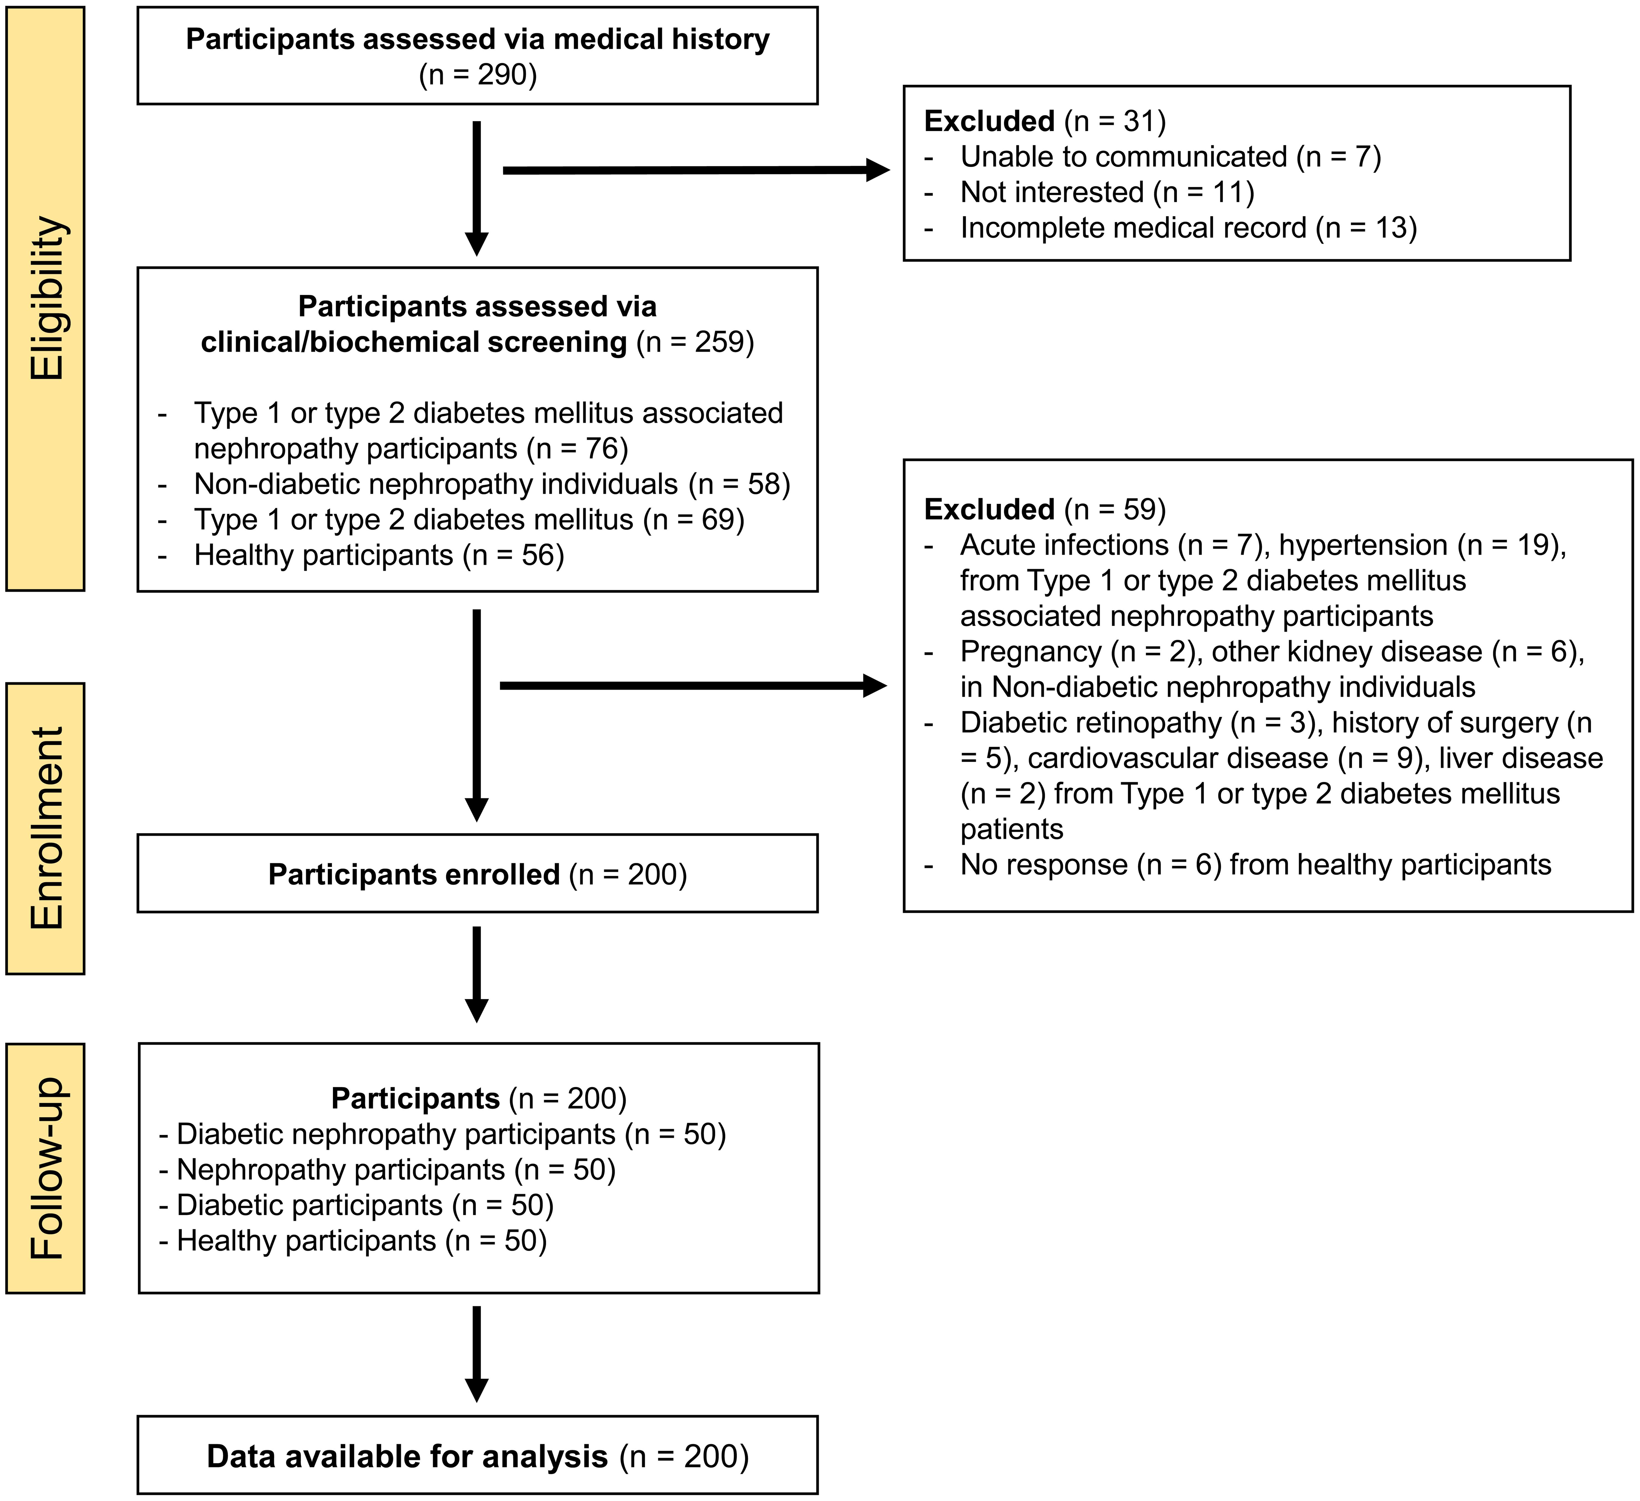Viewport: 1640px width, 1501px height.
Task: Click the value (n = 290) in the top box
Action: [x=478, y=75]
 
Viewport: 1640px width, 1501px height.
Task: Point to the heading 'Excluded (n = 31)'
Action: [x=1045, y=121]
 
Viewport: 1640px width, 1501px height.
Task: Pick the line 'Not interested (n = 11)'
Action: [x=1106, y=192]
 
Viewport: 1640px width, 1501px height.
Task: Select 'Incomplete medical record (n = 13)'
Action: [x=1188, y=228]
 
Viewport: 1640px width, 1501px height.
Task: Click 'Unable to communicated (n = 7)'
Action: [x=1170, y=156]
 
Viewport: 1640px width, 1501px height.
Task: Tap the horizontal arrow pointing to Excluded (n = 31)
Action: [x=696, y=170]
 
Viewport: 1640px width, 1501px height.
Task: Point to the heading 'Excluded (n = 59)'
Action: [x=1045, y=509]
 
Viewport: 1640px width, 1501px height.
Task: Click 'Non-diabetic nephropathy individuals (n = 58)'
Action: [x=491, y=484]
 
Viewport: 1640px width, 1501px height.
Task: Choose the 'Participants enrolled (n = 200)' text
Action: [x=478, y=874]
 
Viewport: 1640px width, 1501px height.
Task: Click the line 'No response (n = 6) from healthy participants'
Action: [x=1255, y=865]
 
